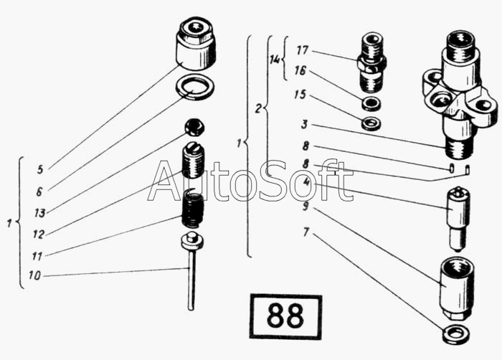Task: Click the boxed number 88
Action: pos(285,316)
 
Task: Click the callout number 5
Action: pos(40,169)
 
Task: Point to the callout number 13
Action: pos(40,213)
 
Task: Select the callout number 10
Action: pos(35,275)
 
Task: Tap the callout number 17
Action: pos(302,50)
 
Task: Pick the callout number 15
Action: pos(300,95)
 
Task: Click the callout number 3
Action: pos(305,124)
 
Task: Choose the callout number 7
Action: pos(306,232)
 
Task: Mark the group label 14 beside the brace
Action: pos(275,60)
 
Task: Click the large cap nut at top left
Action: pos(195,44)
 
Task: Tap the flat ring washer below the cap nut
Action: pos(195,87)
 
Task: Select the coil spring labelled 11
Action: pos(192,207)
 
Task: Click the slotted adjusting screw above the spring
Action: pos(193,159)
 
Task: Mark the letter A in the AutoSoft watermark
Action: pos(165,181)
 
